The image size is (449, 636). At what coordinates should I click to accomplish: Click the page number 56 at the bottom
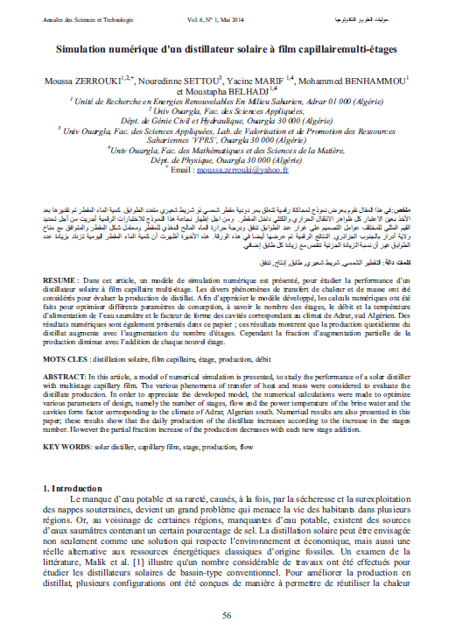point(225,616)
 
